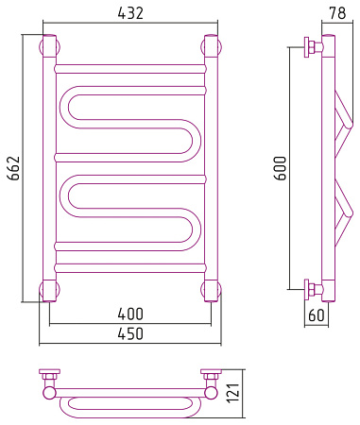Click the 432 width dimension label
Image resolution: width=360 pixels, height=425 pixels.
point(130,13)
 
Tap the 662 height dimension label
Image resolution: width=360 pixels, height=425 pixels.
point(14,168)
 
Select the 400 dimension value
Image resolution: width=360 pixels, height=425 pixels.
point(130,314)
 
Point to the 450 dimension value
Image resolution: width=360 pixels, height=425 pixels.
point(130,333)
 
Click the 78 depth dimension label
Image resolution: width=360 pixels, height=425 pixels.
point(337,13)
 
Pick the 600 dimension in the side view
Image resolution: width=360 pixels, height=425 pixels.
point(280,168)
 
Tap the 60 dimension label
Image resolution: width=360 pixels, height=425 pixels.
point(316,314)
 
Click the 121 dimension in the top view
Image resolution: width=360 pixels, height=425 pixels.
point(233,393)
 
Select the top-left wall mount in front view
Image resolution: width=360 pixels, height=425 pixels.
point(49,47)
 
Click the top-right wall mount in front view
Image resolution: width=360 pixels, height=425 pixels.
point(211,47)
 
